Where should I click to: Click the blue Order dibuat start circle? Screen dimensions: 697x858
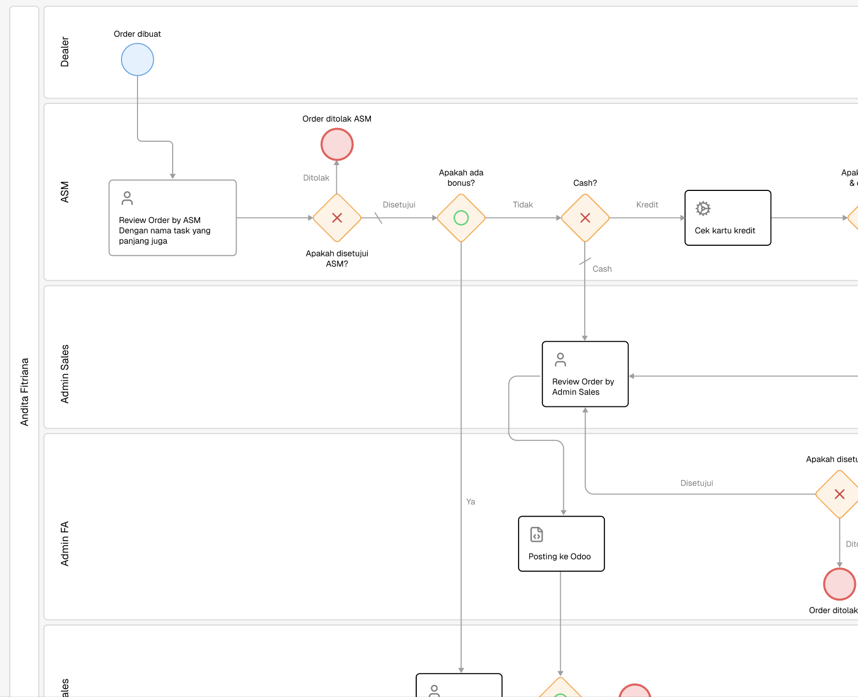point(137,59)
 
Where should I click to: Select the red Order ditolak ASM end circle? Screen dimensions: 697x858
point(337,144)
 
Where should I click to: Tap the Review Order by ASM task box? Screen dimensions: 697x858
point(172,218)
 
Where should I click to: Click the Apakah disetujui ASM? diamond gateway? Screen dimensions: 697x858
point(337,218)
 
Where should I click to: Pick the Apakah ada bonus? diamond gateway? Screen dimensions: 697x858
point(461,218)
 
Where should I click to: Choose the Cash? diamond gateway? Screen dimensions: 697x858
point(585,218)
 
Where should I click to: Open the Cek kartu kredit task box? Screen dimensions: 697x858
point(727,218)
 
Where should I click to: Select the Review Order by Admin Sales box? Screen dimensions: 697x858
point(585,374)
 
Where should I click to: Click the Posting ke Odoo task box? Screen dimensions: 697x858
point(561,543)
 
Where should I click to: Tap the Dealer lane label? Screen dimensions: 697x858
point(65,52)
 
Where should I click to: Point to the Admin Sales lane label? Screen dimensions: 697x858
point(65,373)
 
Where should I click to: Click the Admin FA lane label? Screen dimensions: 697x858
point(65,543)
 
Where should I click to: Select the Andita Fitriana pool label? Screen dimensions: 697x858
point(25,391)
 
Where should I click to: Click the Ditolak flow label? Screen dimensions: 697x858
point(316,178)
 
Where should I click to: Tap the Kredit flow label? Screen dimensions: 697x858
point(647,205)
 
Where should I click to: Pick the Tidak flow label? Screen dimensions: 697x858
point(523,205)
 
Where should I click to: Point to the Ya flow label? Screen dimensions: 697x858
point(471,502)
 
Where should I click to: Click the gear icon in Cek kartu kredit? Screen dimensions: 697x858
point(703,209)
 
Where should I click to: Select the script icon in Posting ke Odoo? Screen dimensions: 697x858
point(537,534)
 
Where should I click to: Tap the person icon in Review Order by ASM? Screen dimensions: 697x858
point(127,198)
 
